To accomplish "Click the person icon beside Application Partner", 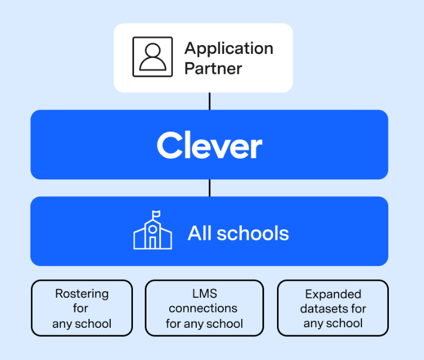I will (152, 57).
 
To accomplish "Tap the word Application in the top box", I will (228, 48).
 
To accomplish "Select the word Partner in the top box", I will (213, 68).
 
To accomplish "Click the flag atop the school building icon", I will (156, 214).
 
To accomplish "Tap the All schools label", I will (238, 233).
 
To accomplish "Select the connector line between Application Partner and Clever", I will (209, 101).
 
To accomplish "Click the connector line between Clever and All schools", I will (209, 188).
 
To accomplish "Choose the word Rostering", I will (81, 294).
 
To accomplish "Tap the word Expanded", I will (333, 294).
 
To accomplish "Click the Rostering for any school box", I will (81, 308).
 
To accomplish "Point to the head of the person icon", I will (152, 51).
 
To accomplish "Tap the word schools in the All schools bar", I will (253, 233).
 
